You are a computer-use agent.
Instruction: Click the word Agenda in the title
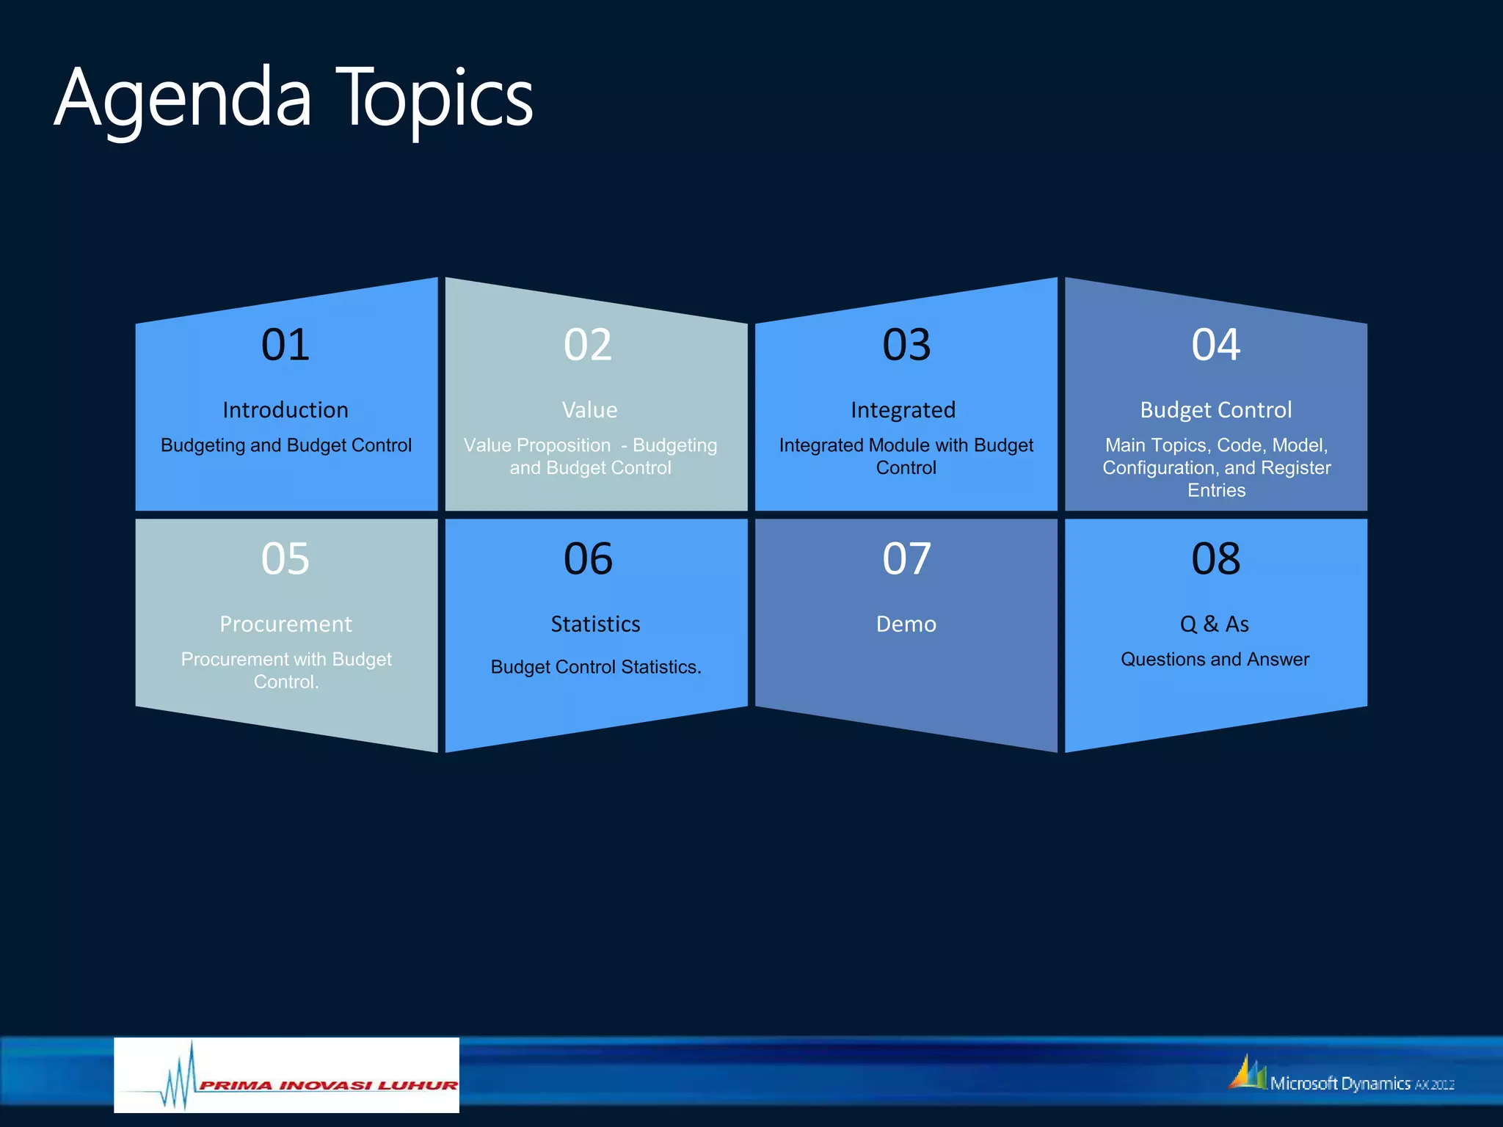click(x=183, y=99)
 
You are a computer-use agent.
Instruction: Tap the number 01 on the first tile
click(x=285, y=345)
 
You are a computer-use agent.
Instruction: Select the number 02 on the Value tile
click(x=588, y=345)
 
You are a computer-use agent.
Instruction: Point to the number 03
click(x=906, y=345)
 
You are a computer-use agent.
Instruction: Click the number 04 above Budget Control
click(x=1216, y=345)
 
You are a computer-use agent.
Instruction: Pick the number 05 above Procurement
click(x=285, y=559)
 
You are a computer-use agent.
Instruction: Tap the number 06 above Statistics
click(x=588, y=559)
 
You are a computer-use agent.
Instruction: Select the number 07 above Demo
click(x=906, y=559)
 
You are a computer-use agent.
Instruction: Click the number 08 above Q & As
click(x=1216, y=559)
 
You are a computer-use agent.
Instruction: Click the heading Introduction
click(x=285, y=410)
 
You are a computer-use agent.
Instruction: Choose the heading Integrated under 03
click(x=903, y=410)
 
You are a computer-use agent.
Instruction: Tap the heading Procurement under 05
click(x=285, y=624)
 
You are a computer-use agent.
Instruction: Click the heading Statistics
click(x=595, y=624)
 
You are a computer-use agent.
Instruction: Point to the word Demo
click(x=906, y=624)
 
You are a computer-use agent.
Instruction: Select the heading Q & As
click(x=1215, y=624)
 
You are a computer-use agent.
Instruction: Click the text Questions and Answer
click(x=1215, y=660)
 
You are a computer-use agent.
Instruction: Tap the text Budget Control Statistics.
click(x=595, y=667)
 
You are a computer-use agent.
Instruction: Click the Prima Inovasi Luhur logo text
click(x=328, y=1085)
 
